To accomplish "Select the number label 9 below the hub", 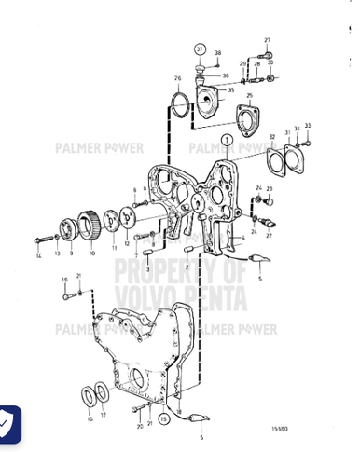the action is coord(70,253).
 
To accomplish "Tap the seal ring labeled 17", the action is coord(101,393).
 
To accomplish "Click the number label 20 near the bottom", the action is coord(138,425).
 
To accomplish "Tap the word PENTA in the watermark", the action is coord(218,299).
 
